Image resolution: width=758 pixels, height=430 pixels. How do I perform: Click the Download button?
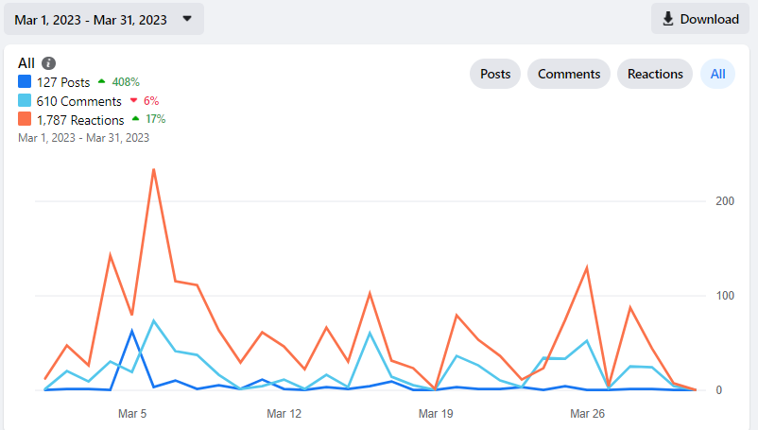click(x=700, y=19)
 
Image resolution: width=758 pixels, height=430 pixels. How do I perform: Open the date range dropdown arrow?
click(x=187, y=19)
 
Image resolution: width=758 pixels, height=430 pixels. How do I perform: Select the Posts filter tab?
click(x=495, y=74)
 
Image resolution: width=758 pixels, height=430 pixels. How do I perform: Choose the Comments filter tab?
click(x=569, y=74)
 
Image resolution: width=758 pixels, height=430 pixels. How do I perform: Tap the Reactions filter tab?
click(x=655, y=74)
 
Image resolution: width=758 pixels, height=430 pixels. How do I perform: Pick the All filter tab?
click(x=717, y=74)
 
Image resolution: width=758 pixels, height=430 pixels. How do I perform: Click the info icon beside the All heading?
click(x=48, y=63)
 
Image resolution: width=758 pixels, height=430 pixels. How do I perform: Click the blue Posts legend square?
click(x=25, y=81)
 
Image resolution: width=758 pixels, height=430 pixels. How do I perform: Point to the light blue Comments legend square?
click(x=25, y=100)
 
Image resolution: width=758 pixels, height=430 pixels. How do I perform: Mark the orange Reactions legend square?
click(x=25, y=119)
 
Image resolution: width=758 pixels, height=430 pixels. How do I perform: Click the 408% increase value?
click(x=126, y=82)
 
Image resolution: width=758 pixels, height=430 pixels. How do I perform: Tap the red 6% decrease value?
click(x=151, y=100)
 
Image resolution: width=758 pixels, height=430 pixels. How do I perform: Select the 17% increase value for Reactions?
click(x=156, y=119)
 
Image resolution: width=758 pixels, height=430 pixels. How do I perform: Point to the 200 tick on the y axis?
click(x=725, y=201)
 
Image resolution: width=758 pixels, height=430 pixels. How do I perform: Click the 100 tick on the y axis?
click(x=725, y=296)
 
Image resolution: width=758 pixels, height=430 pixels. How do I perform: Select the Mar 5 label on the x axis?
click(x=132, y=414)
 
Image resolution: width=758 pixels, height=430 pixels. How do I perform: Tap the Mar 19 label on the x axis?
click(x=436, y=414)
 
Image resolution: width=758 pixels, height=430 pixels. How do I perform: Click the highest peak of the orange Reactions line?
click(x=154, y=169)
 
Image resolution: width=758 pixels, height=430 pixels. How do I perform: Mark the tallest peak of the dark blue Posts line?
click(x=132, y=331)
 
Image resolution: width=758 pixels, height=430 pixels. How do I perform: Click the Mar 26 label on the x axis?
click(x=587, y=414)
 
